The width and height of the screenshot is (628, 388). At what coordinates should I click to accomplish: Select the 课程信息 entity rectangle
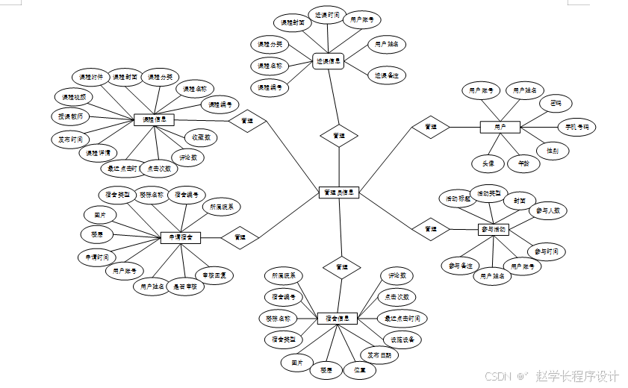154,119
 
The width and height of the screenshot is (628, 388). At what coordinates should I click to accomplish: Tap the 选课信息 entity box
329,62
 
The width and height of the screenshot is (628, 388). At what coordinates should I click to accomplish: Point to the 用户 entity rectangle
500,128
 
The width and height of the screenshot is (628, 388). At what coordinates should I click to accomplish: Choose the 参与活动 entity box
493,230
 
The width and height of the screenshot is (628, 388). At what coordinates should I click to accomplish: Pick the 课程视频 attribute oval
74,97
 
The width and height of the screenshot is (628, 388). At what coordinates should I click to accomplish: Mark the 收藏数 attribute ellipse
200,138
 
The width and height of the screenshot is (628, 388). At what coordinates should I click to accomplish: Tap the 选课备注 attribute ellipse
387,75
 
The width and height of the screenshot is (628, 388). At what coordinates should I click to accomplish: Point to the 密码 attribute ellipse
556,103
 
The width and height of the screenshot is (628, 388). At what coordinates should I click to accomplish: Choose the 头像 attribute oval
488,162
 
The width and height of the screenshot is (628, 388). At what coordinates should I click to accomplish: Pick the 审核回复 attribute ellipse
215,275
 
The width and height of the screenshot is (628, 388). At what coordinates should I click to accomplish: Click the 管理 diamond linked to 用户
430,128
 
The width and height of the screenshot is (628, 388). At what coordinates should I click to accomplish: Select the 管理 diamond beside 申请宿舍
240,237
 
